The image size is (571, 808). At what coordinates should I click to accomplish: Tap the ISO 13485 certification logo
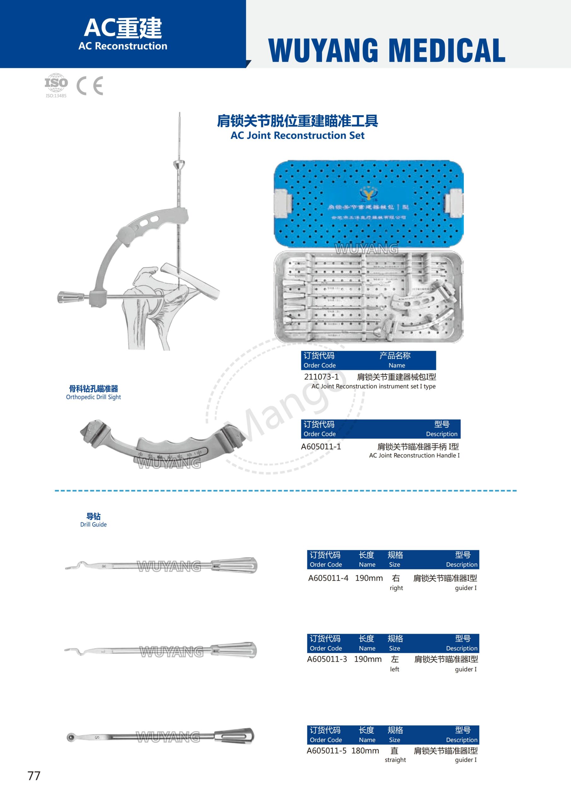(x=56, y=85)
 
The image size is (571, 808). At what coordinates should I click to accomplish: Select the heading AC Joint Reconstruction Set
(x=297, y=135)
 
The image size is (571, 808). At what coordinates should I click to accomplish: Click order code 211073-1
(x=321, y=377)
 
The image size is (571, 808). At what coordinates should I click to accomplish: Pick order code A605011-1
(x=321, y=447)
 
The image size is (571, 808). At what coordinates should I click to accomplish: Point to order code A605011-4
(x=328, y=578)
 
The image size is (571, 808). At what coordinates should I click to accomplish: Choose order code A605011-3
(x=327, y=659)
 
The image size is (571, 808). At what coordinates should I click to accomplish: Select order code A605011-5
(x=327, y=751)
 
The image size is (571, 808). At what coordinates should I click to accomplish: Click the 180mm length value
(x=365, y=751)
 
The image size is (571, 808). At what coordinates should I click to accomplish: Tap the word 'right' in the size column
(x=396, y=588)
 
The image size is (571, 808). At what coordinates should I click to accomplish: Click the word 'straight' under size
(x=395, y=760)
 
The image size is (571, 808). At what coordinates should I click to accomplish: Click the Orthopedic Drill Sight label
(x=93, y=397)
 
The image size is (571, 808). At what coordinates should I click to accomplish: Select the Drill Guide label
(x=93, y=524)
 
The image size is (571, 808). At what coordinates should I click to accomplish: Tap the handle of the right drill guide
(x=234, y=566)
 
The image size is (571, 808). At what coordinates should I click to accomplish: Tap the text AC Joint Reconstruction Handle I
(x=414, y=455)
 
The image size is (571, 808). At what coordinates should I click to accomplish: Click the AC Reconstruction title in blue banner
(x=123, y=46)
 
